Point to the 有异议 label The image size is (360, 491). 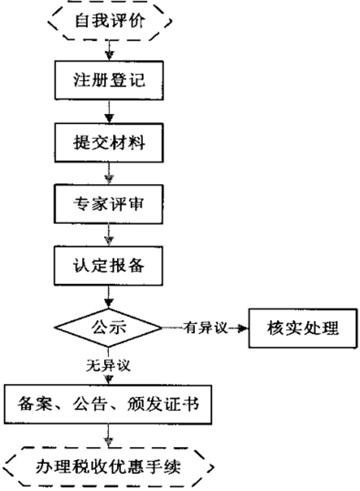[205, 328]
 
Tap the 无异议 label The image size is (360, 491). [108, 365]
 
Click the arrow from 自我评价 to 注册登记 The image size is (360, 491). [109, 50]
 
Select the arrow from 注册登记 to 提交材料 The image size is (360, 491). [109, 111]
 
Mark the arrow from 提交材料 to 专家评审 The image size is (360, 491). [109, 173]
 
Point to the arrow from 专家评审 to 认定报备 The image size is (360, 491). [108, 235]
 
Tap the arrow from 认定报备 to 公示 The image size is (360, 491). [108, 297]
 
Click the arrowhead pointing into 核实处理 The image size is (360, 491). [244, 328]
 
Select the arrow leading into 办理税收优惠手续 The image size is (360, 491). [108, 436]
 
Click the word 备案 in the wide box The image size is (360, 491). [35, 404]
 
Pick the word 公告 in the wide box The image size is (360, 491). [90, 404]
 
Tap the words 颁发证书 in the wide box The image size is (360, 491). [163, 404]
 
